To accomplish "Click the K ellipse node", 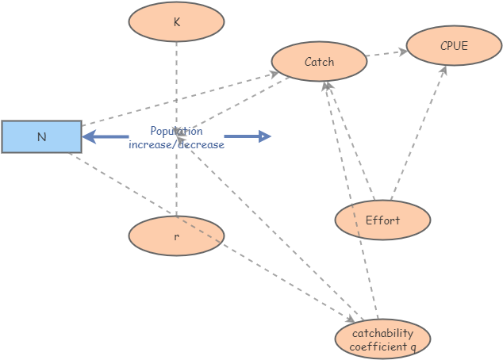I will click(x=176, y=21).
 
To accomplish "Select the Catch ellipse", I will click(x=319, y=62).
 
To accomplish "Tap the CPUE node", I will click(x=454, y=46).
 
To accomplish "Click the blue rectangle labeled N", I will click(x=41, y=136).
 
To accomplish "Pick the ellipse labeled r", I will click(x=176, y=236).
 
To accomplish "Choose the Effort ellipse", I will click(x=382, y=220).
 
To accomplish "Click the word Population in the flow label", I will click(x=176, y=132).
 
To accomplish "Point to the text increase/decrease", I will click(x=176, y=144).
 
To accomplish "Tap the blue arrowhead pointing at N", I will click(x=90, y=137).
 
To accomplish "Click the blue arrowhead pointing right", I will click(x=265, y=136).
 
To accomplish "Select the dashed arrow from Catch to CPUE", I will click(x=387, y=54).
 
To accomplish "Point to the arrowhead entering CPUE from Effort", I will click(x=443, y=71).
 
